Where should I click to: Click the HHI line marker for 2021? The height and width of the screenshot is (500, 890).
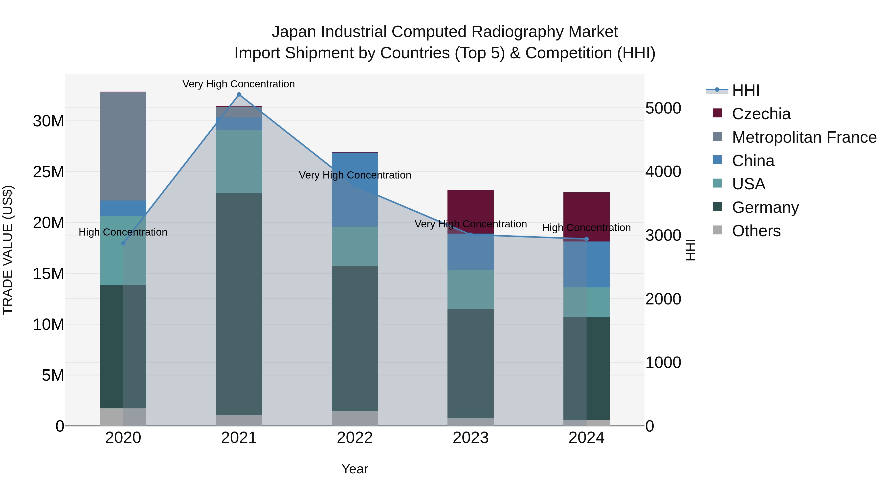pyautogui.click(x=239, y=95)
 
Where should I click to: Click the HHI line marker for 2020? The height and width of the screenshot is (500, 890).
pyautogui.click(x=123, y=243)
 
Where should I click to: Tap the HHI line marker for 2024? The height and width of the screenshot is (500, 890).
pyautogui.click(x=586, y=239)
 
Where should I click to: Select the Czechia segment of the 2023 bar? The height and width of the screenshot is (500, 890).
pyautogui.click(x=470, y=211)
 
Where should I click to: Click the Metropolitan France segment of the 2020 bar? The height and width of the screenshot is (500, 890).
pyautogui.click(x=123, y=146)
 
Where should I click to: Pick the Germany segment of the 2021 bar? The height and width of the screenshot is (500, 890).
pyautogui.click(x=239, y=304)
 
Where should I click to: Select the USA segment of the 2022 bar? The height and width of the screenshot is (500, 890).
pyautogui.click(x=355, y=246)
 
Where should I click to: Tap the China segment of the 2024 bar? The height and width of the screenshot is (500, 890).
pyautogui.click(x=586, y=264)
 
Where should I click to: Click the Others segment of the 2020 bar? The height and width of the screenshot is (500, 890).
pyautogui.click(x=123, y=417)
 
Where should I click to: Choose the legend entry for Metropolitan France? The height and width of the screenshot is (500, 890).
pyautogui.click(x=804, y=137)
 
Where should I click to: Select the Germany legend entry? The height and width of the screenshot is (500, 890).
pyautogui.click(x=765, y=207)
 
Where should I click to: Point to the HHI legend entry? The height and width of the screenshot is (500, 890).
pyautogui.click(x=746, y=90)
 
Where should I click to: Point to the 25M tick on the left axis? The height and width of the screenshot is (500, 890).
pyautogui.click(x=48, y=172)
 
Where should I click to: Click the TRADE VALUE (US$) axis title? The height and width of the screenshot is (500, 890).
pyautogui.click(x=8, y=250)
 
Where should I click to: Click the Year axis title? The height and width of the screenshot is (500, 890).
pyautogui.click(x=355, y=469)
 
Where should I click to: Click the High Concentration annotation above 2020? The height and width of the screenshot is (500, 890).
pyautogui.click(x=123, y=232)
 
